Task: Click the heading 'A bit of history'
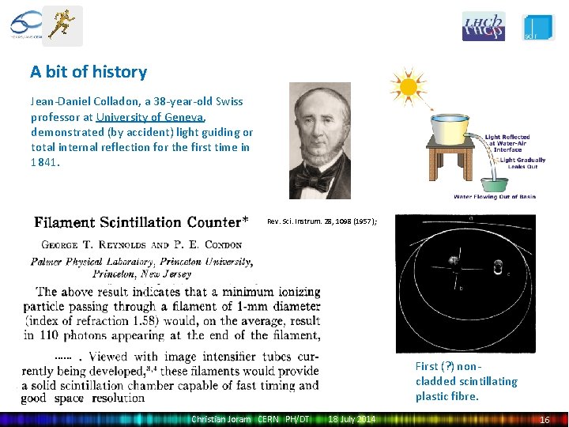click(x=89, y=72)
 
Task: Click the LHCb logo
click(x=483, y=26)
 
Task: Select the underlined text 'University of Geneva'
click(x=151, y=117)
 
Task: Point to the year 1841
click(x=44, y=162)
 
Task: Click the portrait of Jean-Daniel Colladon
click(x=319, y=141)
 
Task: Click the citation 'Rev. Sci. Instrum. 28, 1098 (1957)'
click(x=322, y=221)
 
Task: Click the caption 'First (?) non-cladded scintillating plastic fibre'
click(x=466, y=381)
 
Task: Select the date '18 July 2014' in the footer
click(x=352, y=419)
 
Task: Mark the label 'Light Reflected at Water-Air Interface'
click(x=507, y=143)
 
